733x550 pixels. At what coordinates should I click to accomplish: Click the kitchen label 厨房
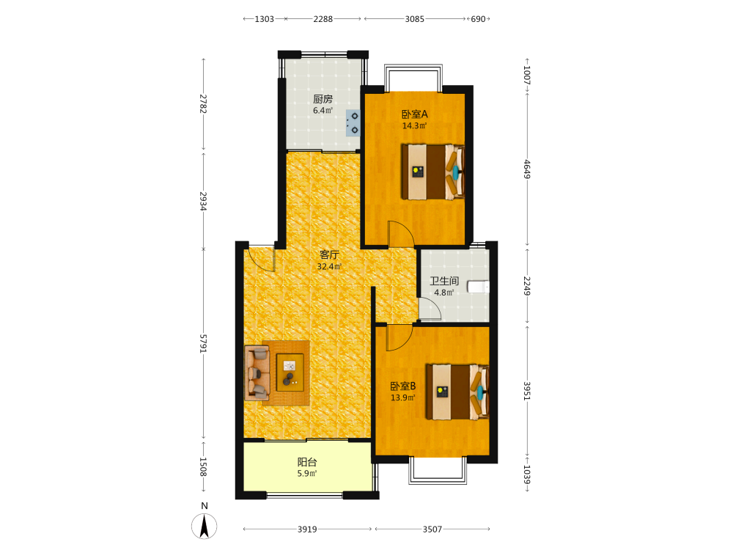click(323, 99)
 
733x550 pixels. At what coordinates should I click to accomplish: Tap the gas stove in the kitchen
click(353, 123)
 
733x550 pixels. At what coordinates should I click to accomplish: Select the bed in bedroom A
click(433, 172)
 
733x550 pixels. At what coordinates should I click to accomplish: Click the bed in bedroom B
click(457, 392)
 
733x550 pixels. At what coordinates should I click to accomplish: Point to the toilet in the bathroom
click(478, 286)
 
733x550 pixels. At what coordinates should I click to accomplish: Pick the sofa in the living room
click(257, 373)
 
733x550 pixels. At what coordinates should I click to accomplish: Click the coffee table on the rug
click(290, 373)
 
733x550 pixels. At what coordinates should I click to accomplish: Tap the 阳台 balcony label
click(307, 462)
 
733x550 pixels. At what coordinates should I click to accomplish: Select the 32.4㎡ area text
click(329, 267)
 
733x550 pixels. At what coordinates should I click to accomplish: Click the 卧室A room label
click(415, 114)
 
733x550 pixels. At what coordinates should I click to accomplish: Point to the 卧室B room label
click(403, 386)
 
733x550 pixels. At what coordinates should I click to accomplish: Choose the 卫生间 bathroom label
click(444, 281)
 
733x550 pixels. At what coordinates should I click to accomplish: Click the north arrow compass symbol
click(205, 526)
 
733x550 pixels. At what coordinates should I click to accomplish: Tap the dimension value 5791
click(203, 344)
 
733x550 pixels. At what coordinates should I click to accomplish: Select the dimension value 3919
click(307, 529)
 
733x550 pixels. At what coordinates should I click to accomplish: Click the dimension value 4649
click(527, 169)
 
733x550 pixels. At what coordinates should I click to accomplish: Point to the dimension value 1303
click(264, 19)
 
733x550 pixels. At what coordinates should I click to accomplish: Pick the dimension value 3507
click(432, 529)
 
